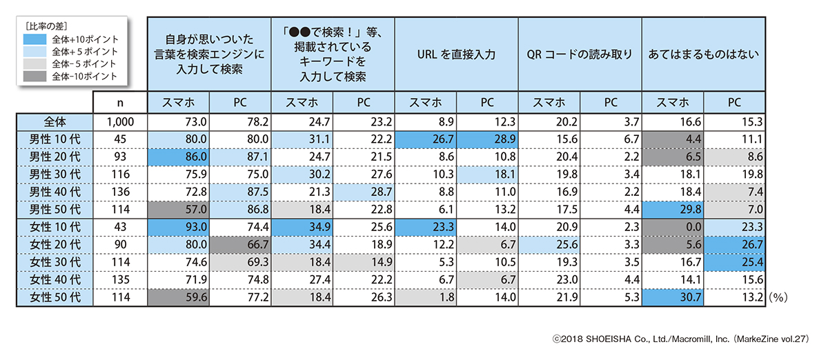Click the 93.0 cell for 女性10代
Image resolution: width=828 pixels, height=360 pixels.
click(179, 226)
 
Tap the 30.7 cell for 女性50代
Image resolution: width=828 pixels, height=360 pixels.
click(673, 297)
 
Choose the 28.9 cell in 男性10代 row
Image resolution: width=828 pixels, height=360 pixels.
click(487, 139)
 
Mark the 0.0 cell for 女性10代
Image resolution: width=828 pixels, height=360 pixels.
click(673, 226)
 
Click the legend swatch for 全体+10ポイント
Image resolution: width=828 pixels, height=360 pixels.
click(34, 39)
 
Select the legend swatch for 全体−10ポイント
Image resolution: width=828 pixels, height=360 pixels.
click(34, 76)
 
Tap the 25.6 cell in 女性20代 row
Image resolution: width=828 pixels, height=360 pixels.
click(549, 244)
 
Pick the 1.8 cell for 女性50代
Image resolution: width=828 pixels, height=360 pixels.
click(426, 297)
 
